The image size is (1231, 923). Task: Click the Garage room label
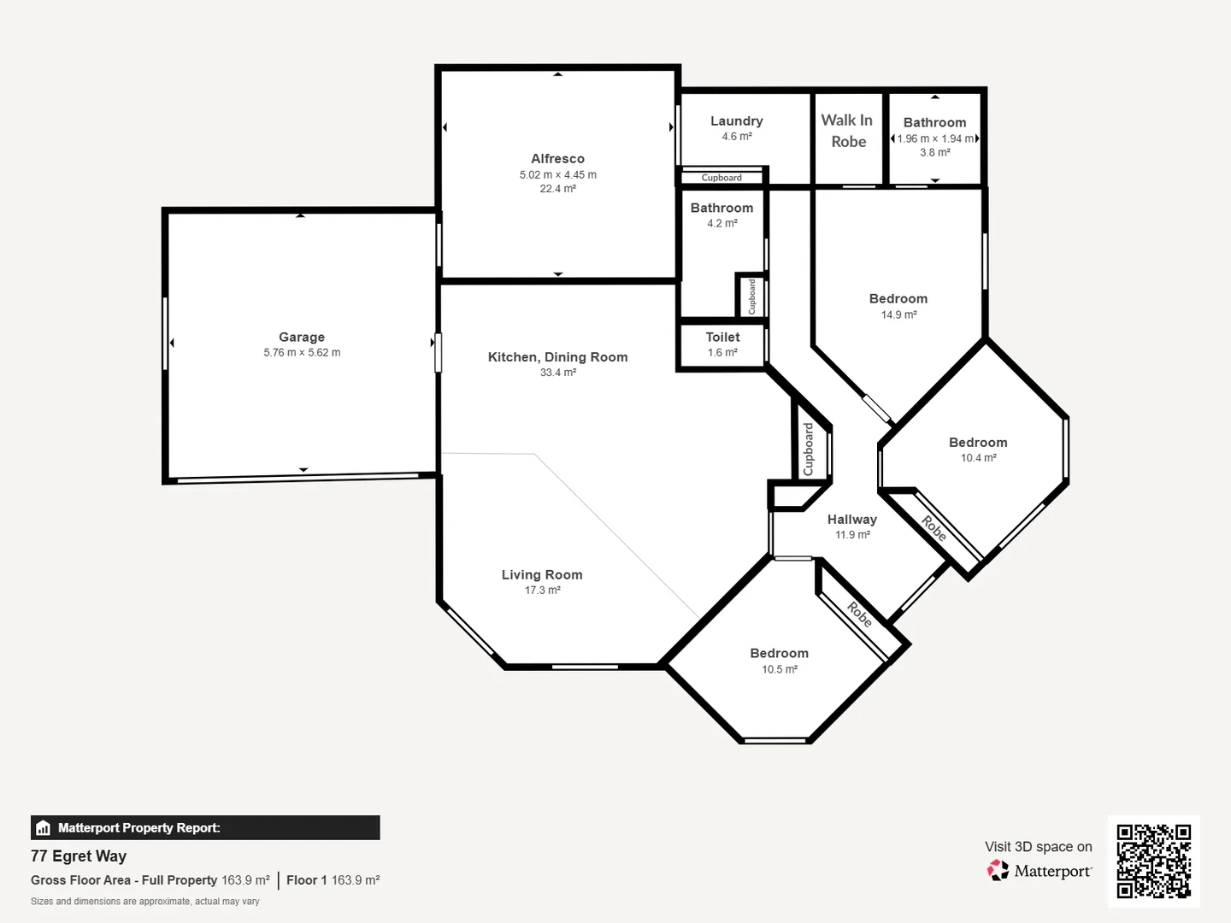coord(301,337)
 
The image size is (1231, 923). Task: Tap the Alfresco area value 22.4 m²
coord(557,189)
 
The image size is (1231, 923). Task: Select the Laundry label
coord(736,121)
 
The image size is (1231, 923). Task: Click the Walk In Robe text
coord(847,131)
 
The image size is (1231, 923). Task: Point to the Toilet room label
coord(722,337)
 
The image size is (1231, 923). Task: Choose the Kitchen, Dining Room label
coord(557,357)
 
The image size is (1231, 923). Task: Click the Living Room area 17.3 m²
coord(542,591)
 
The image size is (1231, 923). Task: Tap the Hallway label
coord(851,520)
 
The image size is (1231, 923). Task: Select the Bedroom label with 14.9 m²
coord(898,298)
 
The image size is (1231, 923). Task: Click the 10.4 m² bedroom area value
coord(978,458)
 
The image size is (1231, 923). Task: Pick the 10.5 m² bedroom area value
coord(779,669)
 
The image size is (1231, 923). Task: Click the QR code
coord(1153,861)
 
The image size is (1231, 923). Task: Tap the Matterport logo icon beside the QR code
coord(998,871)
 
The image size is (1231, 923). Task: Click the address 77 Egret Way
coord(79,856)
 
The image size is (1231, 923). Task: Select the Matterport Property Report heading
coord(138,828)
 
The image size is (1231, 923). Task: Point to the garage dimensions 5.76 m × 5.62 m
coord(301,352)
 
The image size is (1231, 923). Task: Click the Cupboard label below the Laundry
coord(722,178)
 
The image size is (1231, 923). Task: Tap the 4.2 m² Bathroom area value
coord(722,223)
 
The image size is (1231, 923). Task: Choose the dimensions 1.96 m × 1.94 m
coord(934,138)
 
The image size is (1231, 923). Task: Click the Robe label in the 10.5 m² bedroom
coord(859,614)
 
